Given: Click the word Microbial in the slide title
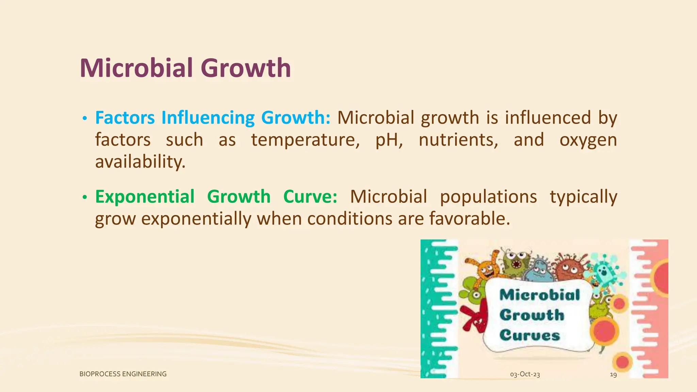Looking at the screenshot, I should click(136, 68).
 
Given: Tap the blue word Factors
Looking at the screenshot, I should click(125, 118).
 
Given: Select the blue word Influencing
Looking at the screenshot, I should click(208, 118).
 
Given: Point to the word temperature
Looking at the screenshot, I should click(305, 140).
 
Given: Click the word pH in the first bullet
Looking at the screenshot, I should click(389, 140).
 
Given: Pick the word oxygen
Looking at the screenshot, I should click(588, 140).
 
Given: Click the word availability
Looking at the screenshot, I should click(140, 162).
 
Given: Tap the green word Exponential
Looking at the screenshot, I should click(145, 197).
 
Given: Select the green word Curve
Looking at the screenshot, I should click(310, 197).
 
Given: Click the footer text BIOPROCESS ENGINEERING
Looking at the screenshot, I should click(123, 374).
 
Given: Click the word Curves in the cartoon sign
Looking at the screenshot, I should click(530, 335).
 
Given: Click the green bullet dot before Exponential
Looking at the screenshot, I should click(85, 197).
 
